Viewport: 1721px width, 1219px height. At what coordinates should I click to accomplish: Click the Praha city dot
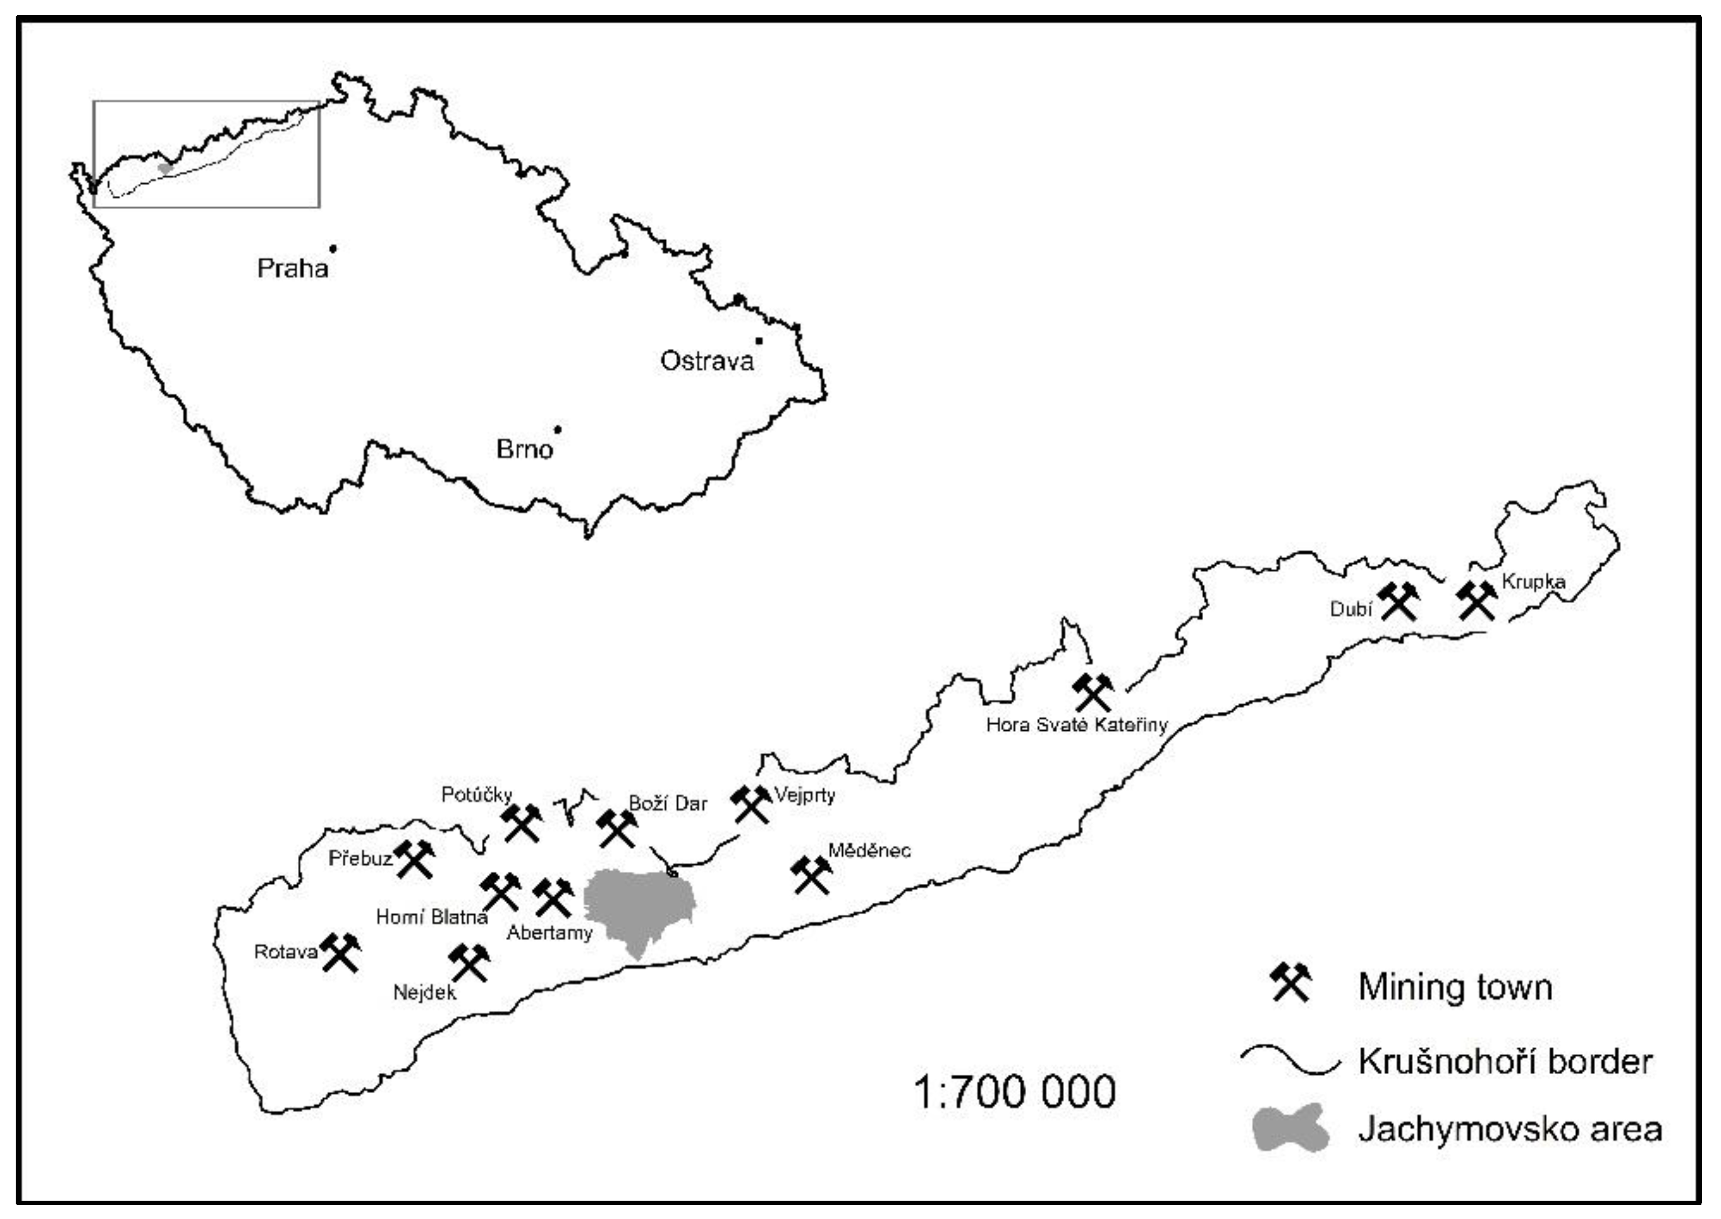coord(333,248)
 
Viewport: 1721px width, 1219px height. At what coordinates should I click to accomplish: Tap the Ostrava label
coord(706,361)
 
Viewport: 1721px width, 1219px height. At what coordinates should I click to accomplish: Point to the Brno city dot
coord(557,430)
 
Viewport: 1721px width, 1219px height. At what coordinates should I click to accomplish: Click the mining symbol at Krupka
coord(1477,601)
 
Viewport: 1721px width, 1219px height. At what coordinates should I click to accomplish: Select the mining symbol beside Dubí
coord(1398,602)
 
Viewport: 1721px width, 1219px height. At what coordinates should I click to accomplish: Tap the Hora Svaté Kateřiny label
coord(1077,725)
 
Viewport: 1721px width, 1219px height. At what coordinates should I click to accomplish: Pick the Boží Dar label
coord(667,804)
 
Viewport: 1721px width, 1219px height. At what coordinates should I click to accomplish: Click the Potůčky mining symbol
coord(522,823)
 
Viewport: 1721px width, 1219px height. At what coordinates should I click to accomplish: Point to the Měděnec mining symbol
coord(811,875)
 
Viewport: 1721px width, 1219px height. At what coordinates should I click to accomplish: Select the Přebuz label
coord(360,858)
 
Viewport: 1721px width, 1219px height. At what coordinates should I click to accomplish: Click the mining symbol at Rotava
coord(340,953)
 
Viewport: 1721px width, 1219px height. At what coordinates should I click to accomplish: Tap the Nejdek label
coord(424,992)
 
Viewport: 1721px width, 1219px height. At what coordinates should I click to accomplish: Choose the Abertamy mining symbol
coord(553,898)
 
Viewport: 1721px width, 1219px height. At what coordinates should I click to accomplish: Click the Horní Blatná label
coord(432,917)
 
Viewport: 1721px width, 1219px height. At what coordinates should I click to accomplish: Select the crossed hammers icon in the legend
coord(1290,983)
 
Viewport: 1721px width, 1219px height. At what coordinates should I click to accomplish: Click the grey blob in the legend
coord(1290,1128)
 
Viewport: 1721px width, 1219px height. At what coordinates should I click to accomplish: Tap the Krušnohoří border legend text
coord(1505,1062)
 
